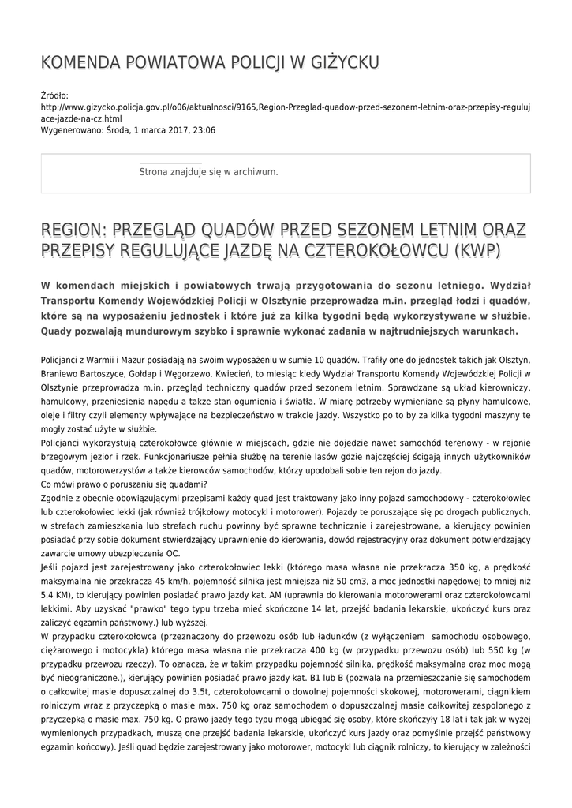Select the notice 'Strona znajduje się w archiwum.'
coord(208,171)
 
